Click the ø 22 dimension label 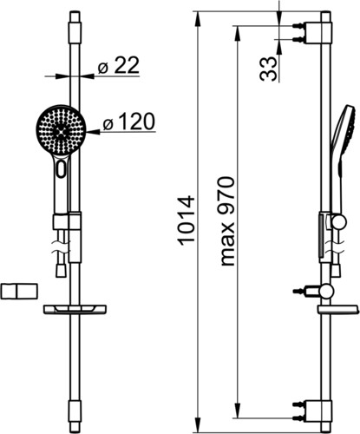119,65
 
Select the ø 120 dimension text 129,122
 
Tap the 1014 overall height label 186,221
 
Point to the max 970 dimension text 227,221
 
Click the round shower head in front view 61,130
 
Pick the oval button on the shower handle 62,169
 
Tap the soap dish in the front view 75,309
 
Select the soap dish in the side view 338,309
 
